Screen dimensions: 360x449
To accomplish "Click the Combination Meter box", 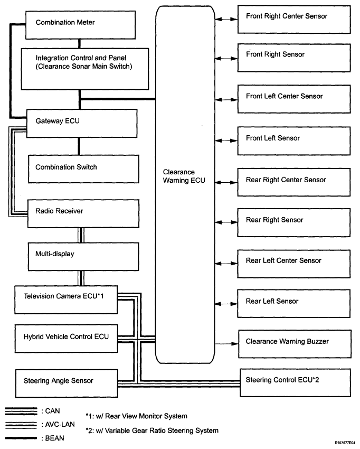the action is [80, 25].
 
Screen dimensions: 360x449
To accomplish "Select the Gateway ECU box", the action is [82, 124].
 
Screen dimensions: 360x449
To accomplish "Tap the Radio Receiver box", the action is [83, 214].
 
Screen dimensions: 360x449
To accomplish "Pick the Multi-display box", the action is [83, 257].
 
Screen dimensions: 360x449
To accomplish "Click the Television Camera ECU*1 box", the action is [66, 300].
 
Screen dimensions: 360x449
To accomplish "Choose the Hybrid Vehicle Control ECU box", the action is [67, 339].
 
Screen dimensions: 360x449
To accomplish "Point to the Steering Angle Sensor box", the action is [67, 383].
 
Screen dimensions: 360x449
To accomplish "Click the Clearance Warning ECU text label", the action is [184, 176].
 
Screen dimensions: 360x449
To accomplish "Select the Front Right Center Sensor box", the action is [294, 19].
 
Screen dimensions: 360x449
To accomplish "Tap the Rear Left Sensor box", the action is [294, 304].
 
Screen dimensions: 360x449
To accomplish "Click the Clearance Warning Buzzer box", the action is [295, 344].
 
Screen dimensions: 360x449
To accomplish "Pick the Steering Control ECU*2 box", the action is [295, 382].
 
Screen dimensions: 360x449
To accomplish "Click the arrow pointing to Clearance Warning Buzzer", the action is [226, 344].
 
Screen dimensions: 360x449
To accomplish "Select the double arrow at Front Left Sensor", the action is [226, 141].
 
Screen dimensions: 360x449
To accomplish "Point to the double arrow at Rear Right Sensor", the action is [226, 222].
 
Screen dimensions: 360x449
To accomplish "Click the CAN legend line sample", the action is [21, 411].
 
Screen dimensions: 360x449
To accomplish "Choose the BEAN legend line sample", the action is [21, 438].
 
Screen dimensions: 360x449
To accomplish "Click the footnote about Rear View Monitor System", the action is [137, 416].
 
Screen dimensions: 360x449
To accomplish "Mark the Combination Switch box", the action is [83, 169].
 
